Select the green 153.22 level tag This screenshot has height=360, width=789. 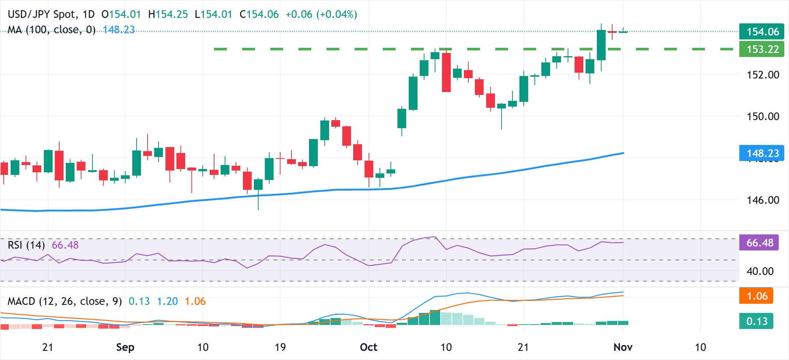pos(761,49)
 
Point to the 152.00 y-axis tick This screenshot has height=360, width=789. pos(763,75)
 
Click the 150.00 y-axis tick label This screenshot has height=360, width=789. pos(763,116)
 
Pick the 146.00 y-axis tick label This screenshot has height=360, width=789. pos(763,200)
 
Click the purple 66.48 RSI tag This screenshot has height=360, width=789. pos(759,243)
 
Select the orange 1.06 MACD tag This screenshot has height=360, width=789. pos(756,296)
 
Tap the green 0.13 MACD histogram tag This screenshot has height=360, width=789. pos(756,321)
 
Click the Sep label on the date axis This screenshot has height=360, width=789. pos(125,347)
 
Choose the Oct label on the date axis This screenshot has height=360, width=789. pos(368,347)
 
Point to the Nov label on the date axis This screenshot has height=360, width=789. pos(623,347)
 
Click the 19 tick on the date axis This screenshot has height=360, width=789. pos(280,347)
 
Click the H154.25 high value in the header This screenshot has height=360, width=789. pos(168,15)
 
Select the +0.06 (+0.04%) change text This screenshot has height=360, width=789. pos(321,15)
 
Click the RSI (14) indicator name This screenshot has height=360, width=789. pos(26,245)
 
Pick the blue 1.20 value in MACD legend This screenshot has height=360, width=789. pos(167,302)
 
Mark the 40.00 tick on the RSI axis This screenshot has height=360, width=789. pos(760,271)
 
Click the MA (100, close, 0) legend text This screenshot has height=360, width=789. pos(51,30)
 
